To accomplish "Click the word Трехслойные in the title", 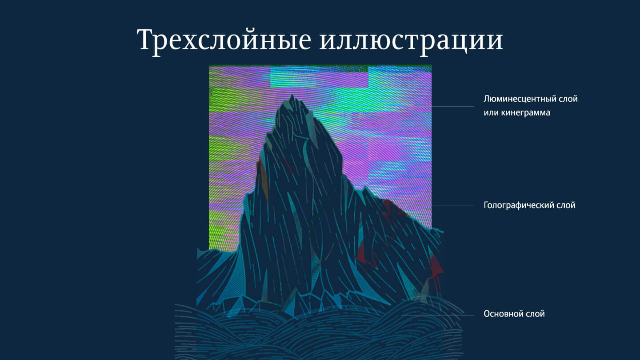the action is tap(224, 40).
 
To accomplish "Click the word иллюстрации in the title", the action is tap(411, 40).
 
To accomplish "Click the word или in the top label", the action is tap(491, 112).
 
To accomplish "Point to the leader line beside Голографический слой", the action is tap(453, 206).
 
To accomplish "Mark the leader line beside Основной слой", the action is tap(438, 315).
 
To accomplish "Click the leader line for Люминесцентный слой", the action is tap(453, 106).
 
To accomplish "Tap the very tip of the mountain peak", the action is tap(292, 94).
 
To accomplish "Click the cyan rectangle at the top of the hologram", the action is tap(319, 77).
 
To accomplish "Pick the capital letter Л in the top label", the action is tap(487, 99).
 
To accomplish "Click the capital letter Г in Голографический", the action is tap(486, 205).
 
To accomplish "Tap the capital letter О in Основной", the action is tap(487, 314).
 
